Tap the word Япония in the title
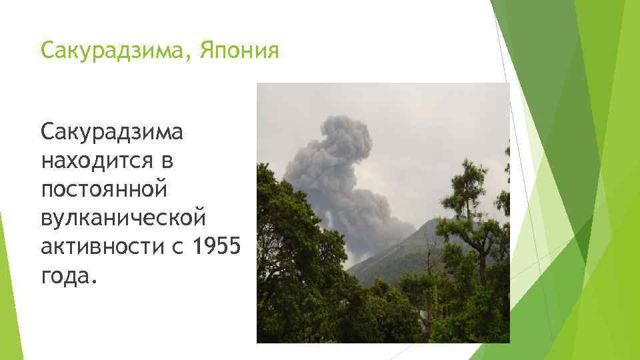pyautogui.click(x=236, y=51)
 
